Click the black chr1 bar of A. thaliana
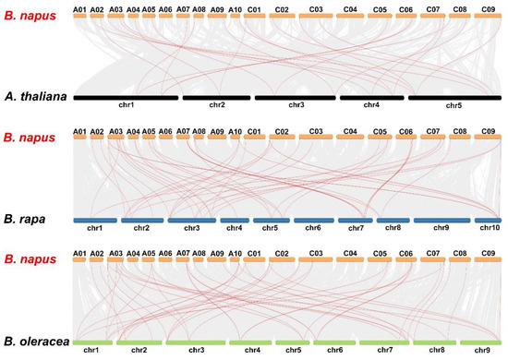point(126,96)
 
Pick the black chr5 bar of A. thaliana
point(454,96)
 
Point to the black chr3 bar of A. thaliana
point(296,96)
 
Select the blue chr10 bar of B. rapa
point(488,220)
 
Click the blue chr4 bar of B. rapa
point(235,220)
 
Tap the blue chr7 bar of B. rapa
point(356,220)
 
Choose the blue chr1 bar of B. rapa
point(94,220)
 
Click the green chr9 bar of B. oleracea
point(481,342)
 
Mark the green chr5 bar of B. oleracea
point(293,342)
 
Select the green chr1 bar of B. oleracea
point(91,342)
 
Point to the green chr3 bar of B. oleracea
point(196,342)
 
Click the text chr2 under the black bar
point(216,105)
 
